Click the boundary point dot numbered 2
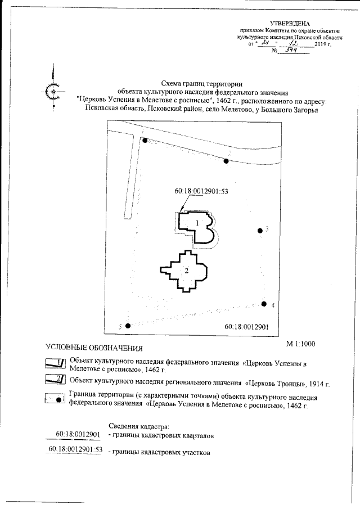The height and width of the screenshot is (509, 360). click(226, 161)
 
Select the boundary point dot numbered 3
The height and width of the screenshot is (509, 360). click(260, 231)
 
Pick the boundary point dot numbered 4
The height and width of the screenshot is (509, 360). click(264, 304)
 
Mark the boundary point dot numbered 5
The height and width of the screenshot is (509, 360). click(128, 326)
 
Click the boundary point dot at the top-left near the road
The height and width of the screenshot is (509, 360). click(145, 141)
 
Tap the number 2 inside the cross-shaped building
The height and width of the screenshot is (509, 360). click(186, 271)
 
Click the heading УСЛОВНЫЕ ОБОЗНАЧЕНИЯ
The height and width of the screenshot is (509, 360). click(94, 348)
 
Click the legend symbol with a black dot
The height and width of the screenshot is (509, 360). click(56, 399)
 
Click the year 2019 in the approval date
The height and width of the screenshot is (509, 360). click(321, 43)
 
